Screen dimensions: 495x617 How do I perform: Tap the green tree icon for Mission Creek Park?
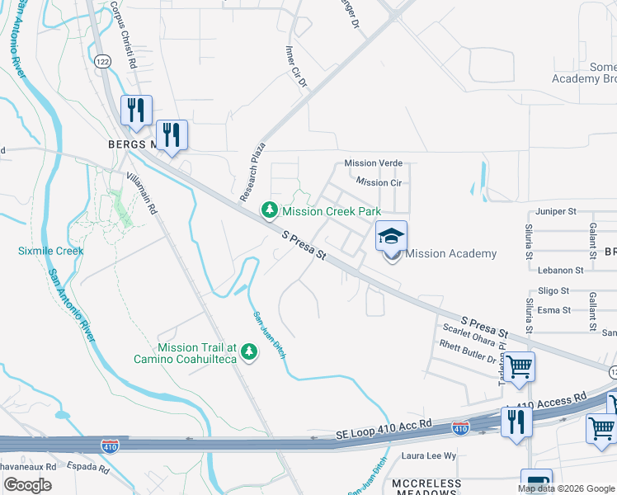pyautogui.click(x=269, y=211)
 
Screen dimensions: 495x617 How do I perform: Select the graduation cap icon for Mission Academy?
pyautogui.click(x=392, y=237)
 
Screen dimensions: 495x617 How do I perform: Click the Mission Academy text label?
pyautogui.click(x=451, y=254)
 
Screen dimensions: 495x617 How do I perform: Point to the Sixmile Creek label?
pyautogui.click(x=51, y=250)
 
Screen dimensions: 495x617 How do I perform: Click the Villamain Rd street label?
pyautogui.click(x=142, y=194)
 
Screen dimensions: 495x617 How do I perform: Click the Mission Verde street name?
pyautogui.click(x=373, y=163)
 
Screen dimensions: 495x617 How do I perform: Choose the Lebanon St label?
pyautogui.click(x=561, y=270)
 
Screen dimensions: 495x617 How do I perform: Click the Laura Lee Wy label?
pyautogui.click(x=428, y=455)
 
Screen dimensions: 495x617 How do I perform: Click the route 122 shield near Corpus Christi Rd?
pyautogui.click(x=102, y=61)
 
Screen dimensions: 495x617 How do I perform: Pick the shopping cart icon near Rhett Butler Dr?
pyautogui.click(x=520, y=365)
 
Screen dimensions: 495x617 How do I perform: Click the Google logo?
pyautogui.click(x=28, y=485)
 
